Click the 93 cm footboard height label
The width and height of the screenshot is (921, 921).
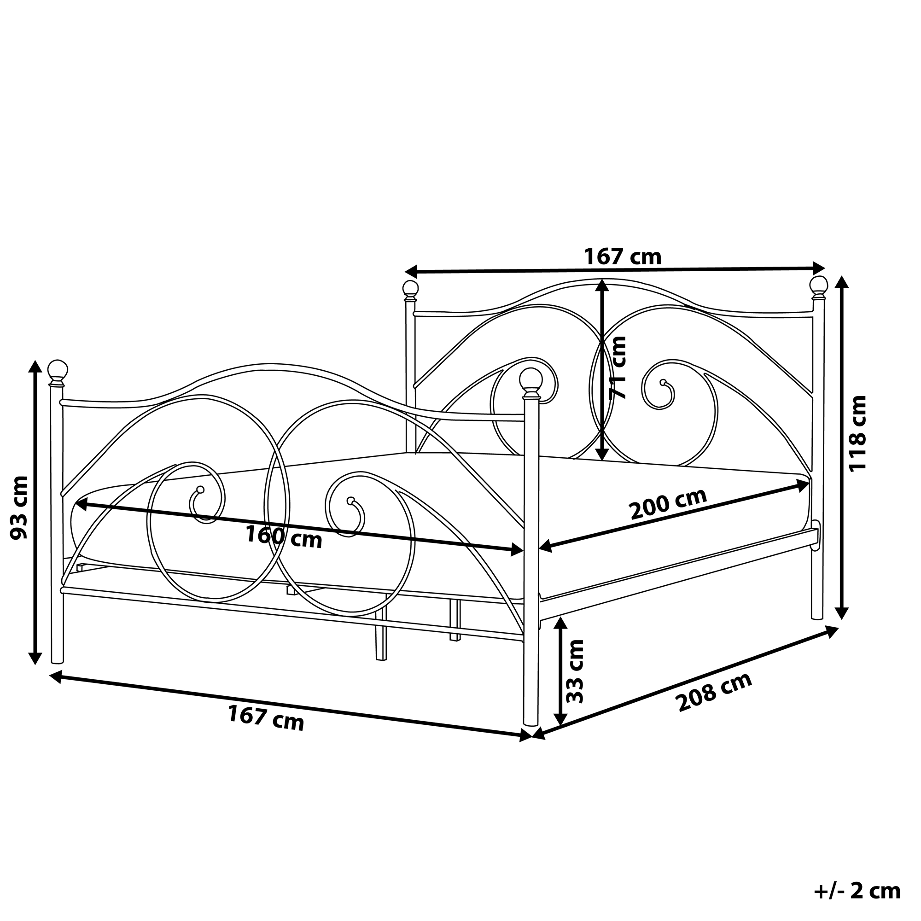(x=19, y=507)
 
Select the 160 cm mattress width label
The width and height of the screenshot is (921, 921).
(x=284, y=537)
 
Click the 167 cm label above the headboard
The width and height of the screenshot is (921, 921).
(x=623, y=257)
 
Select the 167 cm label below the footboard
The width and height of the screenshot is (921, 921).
(x=266, y=718)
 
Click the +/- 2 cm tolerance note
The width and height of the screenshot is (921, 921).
(x=857, y=891)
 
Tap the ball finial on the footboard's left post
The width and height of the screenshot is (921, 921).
(x=58, y=369)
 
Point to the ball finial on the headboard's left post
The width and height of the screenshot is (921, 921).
(x=410, y=289)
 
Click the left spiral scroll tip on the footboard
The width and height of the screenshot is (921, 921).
(x=200, y=490)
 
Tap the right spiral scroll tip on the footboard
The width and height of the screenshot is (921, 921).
(x=351, y=501)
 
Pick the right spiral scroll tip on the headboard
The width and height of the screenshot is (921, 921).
(x=663, y=382)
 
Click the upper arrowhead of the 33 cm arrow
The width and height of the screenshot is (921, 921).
(x=561, y=623)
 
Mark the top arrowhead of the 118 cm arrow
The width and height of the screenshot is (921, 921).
(x=842, y=281)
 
